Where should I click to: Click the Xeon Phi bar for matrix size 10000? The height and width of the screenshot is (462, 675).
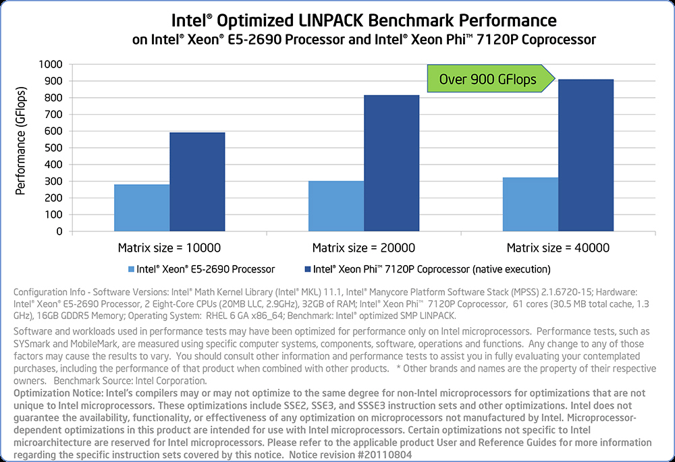(197, 181)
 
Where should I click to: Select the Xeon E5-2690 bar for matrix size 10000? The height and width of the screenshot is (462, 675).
(142, 208)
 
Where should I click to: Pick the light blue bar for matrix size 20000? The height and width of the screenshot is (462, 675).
(336, 206)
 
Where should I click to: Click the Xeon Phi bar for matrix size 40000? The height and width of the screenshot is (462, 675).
(586, 155)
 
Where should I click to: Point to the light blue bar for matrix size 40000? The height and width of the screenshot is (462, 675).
(531, 204)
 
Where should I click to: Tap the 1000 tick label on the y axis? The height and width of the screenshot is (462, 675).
(51, 64)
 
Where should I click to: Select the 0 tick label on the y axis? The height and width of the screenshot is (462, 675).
(59, 231)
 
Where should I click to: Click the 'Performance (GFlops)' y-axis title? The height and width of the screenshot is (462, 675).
(21, 141)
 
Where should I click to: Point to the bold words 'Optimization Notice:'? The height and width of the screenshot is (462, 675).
(54, 393)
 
